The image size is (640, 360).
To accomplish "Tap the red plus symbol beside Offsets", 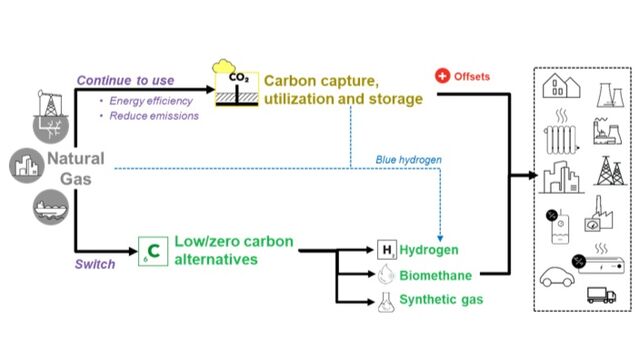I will (x=440, y=76).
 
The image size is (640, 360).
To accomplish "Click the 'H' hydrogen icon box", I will (x=386, y=249).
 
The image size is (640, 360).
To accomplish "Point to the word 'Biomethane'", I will (x=436, y=274).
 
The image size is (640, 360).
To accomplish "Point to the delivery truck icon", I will (x=600, y=295).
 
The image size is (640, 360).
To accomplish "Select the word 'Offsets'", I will (x=474, y=76).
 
